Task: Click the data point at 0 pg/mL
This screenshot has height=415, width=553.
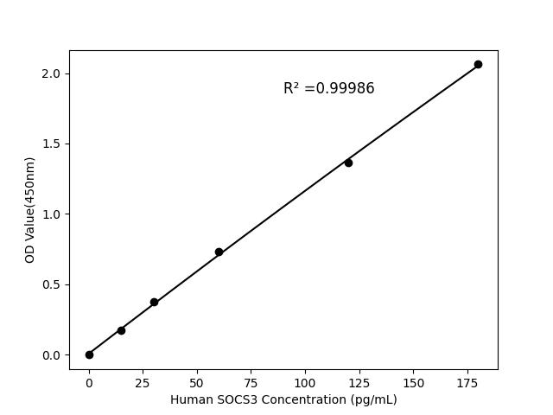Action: coord(89,354)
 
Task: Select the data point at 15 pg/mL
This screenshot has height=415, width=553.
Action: coord(121,330)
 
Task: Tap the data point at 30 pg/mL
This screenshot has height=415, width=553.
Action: coord(154,302)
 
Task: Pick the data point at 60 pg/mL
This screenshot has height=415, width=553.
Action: coord(219,252)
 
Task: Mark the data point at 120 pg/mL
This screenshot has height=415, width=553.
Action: coord(348,163)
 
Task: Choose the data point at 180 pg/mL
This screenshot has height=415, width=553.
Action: coord(478,64)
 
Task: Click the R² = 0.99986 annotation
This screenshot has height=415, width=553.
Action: coord(328,88)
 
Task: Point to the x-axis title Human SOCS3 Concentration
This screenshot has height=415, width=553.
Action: coord(283,399)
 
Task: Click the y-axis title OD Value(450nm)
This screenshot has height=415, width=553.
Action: coord(30,210)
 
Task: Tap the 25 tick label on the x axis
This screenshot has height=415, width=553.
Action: coord(143,382)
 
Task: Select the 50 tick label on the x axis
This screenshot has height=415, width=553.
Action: coord(197,382)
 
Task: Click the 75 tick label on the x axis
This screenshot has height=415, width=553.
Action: coord(251,382)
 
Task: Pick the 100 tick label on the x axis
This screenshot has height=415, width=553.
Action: coord(305,382)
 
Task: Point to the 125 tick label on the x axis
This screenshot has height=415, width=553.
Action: coord(359,382)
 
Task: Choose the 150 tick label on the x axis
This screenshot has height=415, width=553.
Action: coord(413,382)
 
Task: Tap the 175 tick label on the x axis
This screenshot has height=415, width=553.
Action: coord(467,382)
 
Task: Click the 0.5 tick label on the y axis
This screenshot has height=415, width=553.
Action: coord(53,284)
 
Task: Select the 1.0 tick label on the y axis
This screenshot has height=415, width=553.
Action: coord(53,214)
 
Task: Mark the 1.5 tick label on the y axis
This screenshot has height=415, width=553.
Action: coord(53,144)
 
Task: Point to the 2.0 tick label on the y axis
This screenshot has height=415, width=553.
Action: coord(53,73)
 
